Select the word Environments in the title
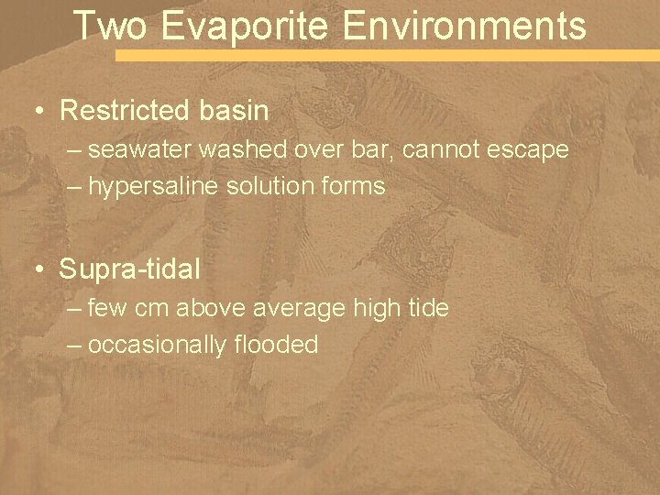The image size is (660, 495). pyautogui.click(x=465, y=26)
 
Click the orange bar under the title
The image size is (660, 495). pyautogui.click(x=385, y=56)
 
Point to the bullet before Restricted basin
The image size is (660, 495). pyautogui.click(x=39, y=112)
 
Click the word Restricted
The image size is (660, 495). pyautogui.click(x=126, y=112)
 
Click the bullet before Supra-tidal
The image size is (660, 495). pyautogui.click(x=39, y=270)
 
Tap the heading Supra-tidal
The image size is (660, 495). pyautogui.click(x=129, y=270)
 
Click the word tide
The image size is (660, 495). pyautogui.click(x=427, y=308)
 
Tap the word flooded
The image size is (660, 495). pyautogui.click(x=275, y=346)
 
